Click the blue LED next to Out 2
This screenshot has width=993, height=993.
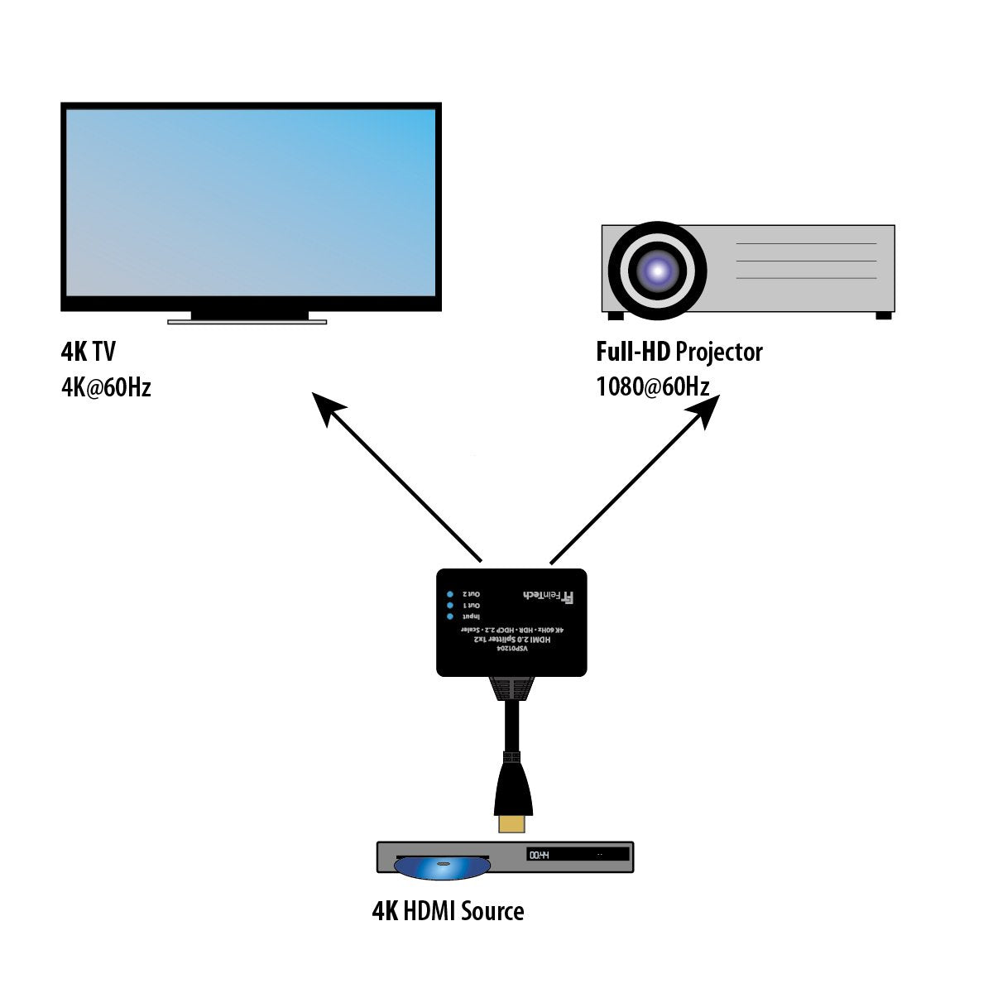coord(450,594)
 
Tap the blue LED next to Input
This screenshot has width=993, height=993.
coord(450,617)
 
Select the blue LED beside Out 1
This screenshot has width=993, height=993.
coord(450,606)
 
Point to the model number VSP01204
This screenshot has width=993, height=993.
coord(511,650)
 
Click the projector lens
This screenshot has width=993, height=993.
coord(658,270)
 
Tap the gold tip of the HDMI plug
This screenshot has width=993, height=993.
coord(512,823)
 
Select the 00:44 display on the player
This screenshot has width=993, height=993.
coord(540,855)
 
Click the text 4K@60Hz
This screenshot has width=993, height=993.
coord(106,387)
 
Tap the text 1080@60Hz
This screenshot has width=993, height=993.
coord(652,387)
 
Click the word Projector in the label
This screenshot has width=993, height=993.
coord(718,352)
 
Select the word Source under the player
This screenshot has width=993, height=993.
coord(492,911)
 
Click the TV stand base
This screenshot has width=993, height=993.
coord(247,321)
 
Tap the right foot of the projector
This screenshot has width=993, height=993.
coord(884,315)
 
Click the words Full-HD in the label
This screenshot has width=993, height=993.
coord(632,352)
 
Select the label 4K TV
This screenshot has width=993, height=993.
coord(88,352)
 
